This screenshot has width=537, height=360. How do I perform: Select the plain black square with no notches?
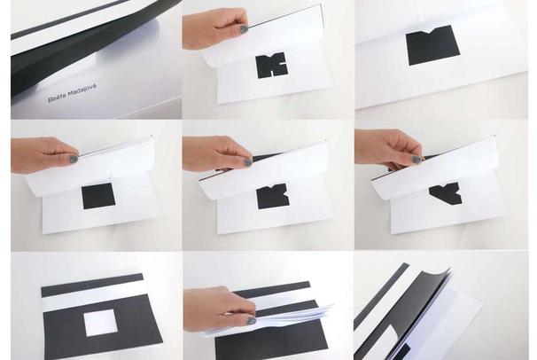(x=98, y=196)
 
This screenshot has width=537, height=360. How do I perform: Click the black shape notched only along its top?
(x=433, y=44)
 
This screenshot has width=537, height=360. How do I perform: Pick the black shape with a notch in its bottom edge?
(x=272, y=65)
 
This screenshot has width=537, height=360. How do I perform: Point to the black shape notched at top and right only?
(x=273, y=196)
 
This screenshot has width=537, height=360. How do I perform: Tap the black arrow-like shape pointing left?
(x=446, y=193)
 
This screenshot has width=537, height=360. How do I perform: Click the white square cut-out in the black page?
(x=101, y=323)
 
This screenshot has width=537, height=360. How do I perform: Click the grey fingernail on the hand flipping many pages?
(x=252, y=320)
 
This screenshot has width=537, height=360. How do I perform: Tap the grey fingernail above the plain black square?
(x=74, y=159)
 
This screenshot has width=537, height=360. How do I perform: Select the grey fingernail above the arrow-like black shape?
(x=416, y=160)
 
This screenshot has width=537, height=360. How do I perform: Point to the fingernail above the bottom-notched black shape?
(x=244, y=28)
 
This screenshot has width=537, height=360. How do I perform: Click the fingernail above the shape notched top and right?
(x=248, y=161)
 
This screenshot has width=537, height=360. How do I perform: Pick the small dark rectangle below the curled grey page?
(x=402, y=352)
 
